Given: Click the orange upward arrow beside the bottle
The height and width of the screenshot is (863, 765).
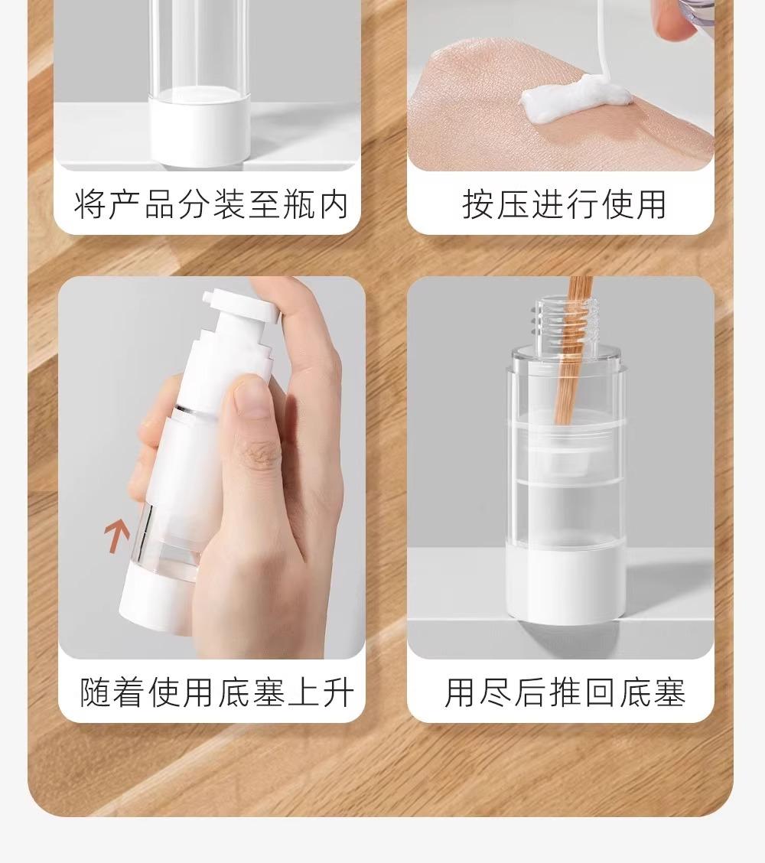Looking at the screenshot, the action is [x=117, y=535].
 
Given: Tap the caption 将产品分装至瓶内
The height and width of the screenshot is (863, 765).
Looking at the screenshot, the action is [x=211, y=204].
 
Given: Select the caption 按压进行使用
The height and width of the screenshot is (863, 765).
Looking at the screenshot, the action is [x=565, y=204].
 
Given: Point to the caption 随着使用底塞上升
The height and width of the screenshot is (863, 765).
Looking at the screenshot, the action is [x=216, y=692].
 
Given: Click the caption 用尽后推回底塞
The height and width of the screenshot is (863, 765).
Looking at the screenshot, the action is [x=565, y=692].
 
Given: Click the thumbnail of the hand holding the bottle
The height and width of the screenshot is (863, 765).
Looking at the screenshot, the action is [x=212, y=467].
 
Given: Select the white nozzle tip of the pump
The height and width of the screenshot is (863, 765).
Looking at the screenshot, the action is [x=209, y=296].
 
